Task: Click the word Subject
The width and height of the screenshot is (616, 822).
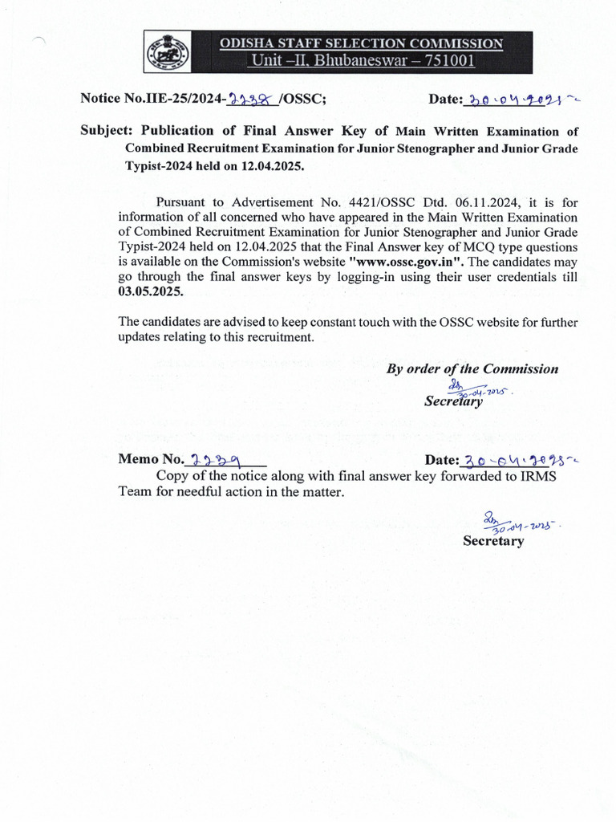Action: pyautogui.click(x=107, y=131)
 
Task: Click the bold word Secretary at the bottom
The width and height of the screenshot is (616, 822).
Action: pyautogui.click(x=493, y=541)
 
